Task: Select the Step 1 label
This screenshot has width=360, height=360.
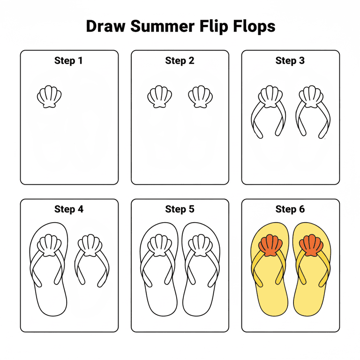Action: pos(68,61)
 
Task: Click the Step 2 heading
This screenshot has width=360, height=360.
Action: pos(180,61)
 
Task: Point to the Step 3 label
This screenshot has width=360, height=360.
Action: pos(290,61)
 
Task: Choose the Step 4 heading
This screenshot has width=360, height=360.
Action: pos(68,210)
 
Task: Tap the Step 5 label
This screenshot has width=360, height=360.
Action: pos(180,210)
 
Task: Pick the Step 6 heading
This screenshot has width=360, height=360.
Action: pos(290,210)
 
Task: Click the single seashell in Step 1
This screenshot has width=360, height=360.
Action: pos(49,97)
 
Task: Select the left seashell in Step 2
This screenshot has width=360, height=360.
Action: pos(159,97)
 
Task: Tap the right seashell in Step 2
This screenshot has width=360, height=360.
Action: pos(200,97)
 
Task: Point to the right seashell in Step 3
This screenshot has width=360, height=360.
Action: pos(311,97)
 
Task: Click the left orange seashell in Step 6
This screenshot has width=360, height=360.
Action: pos(270,246)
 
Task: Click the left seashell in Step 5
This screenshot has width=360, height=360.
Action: pos(159,246)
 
